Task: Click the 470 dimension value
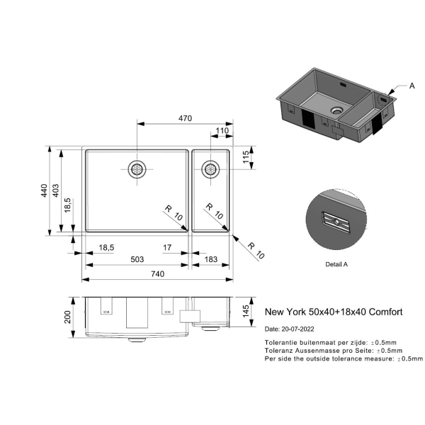click(185, 118)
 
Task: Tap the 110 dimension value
click(222, 130)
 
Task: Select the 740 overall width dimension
click(158, 273)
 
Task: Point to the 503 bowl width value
click(137, 259)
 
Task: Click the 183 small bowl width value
click(211, 259)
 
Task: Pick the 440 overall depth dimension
click(44, 191)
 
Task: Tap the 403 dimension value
click(55, 191)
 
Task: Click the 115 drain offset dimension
click(246, 157)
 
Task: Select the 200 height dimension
click(67, 317)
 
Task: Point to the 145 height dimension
click(246, 311)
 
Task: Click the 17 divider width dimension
click(167, 247)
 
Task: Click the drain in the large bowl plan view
click(137, 169)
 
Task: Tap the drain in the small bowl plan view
click(210, 169)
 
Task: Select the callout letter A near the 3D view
click(412, 86)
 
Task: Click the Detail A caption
click(336, 264)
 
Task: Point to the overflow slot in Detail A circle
click(336, 222)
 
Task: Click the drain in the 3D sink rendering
click(336, 110)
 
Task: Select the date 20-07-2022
click(298, 329)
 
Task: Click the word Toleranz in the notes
click(278, 351)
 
